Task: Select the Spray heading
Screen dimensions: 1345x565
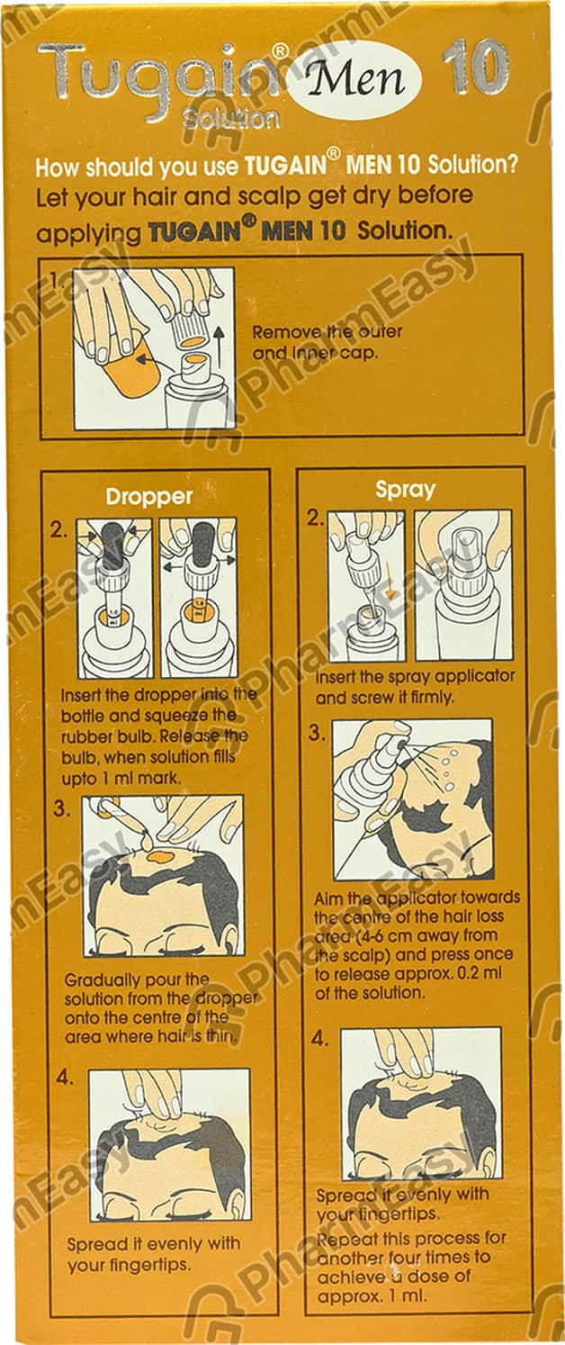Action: (x=405, y=490)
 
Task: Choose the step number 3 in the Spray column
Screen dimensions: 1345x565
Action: (x=316, y=733)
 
